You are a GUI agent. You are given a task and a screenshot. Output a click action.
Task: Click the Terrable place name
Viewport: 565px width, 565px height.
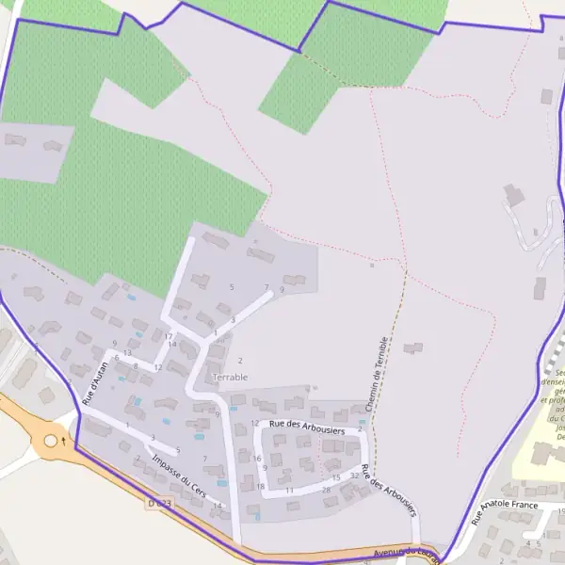[x=231, y=377]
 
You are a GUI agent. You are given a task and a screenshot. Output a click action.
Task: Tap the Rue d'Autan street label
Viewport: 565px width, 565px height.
[x=96, y=383]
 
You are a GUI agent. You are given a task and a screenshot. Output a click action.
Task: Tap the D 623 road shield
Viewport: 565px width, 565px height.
[x=159, y=505]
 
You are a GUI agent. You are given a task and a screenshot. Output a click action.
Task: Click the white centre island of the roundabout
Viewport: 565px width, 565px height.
[x=51, y=440]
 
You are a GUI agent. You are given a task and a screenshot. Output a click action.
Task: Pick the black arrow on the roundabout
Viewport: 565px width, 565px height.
[x=63, y=440]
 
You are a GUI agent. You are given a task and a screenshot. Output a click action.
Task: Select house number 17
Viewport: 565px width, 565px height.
[x=169, y=336]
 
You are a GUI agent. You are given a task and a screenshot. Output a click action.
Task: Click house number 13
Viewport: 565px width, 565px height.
[x=127, y=353]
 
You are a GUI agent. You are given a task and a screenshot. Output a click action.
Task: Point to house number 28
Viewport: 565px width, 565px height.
[x=326, y=490]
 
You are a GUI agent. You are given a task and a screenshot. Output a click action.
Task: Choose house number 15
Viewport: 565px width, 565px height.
[x=335, y=478]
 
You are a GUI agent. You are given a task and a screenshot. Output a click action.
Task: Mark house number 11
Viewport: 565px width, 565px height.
[x=290, y=491]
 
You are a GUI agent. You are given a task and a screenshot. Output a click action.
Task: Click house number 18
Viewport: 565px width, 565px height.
[x=260, y=487]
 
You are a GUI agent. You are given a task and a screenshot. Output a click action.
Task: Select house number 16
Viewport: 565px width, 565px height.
[x=257, y=459]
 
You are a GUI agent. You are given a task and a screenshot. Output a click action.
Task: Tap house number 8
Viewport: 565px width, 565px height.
[x=136, y=365]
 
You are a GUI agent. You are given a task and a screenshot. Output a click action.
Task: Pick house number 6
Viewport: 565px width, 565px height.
[x=117, y=358]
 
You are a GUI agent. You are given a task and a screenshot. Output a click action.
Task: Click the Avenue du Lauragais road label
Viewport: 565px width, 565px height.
[x=405, y=552]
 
